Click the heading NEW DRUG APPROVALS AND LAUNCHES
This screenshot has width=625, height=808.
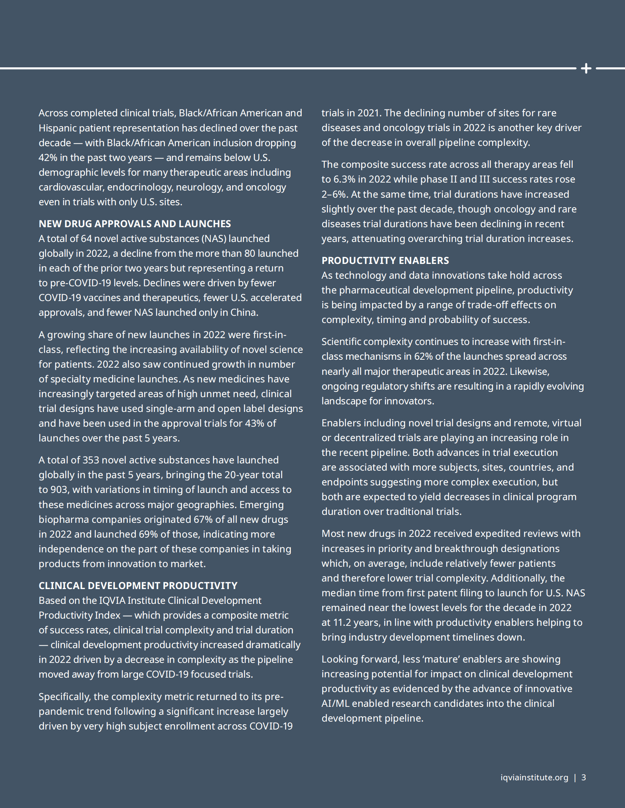click(x=135, y=224)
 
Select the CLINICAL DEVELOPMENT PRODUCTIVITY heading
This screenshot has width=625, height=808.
click(x=138, y=585)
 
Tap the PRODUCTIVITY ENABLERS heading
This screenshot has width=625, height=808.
click(x=385, y=260)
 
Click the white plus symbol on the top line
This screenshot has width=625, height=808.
click(x=586, y=68)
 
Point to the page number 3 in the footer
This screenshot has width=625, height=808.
click(x=584, y=777)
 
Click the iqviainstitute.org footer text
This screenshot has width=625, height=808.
click(x=534, y=777)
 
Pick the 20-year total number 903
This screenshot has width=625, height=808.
click(x=58, y=489)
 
